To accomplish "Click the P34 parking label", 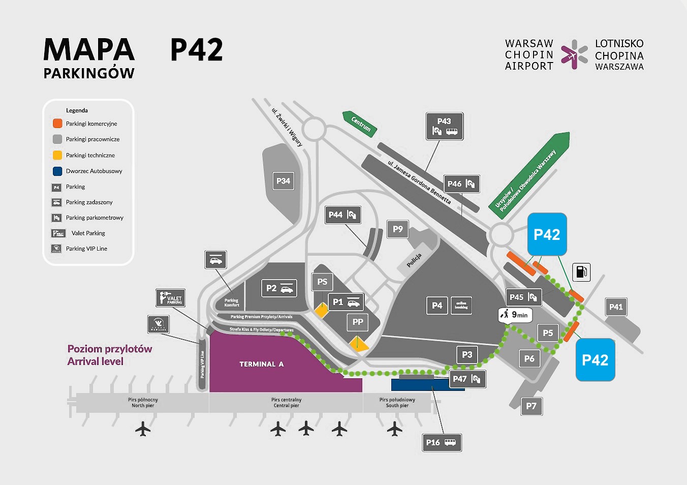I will coord(283,181).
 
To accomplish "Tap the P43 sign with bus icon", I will coord(444,126).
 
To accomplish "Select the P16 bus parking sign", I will coord(442,442).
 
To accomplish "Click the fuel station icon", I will coord(581,272).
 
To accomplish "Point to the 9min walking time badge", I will coord(515,315).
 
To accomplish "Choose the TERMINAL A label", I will coord(261,364).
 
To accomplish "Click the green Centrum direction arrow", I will coord(360,124).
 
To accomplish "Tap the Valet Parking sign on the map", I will coord(170,298).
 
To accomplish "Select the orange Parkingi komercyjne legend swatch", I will coord(57,124).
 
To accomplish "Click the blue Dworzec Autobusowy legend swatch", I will coord(57,171).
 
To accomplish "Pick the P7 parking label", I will coord(531,406).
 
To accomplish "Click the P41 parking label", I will coord(616,307).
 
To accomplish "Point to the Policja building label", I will coord(414,260).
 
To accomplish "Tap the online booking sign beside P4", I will coord(461,306).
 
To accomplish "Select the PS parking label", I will coord(322,282).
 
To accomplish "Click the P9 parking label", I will coord(398,229).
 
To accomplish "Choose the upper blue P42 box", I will coord(547,234).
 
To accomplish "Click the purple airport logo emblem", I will coord(574,54).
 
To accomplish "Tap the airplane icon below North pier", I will coord(143,429).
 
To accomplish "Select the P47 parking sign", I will coord(466,379).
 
